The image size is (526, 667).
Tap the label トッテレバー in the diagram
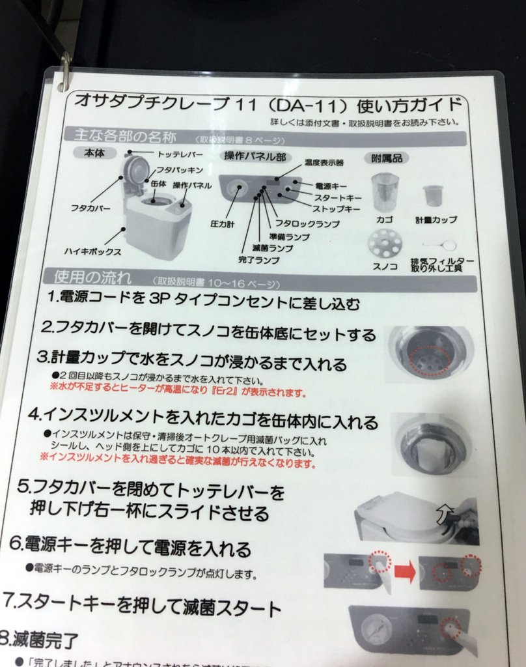pos(180,154)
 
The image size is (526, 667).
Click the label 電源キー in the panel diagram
pos(331,186)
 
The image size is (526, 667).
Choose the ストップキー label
pos(337,209)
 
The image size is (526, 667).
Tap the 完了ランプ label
pos(258,260)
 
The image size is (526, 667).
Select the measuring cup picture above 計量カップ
pos(433,195)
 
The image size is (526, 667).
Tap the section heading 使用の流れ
pos(87,278)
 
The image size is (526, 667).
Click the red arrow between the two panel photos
pos(404,571)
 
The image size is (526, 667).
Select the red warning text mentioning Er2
pos(178,392)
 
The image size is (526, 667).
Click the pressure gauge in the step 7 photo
pos(377,630)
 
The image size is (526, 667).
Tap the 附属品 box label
pos(387,158)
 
